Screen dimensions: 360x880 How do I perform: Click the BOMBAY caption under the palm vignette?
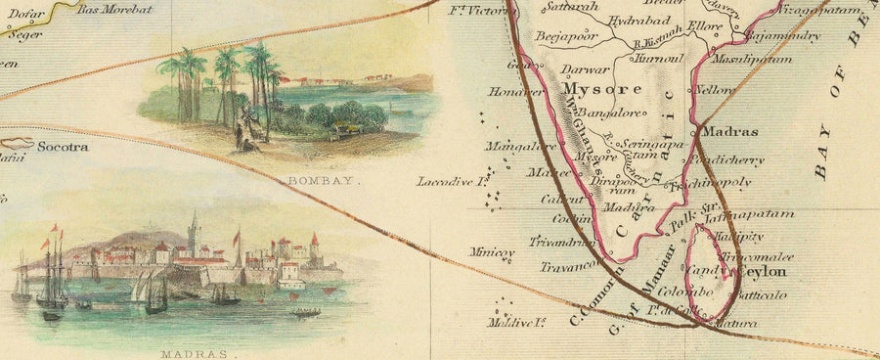point(324,181)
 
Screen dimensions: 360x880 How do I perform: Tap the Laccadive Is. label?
point(453,181)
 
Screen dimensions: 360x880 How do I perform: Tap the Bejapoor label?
point(566,37)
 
